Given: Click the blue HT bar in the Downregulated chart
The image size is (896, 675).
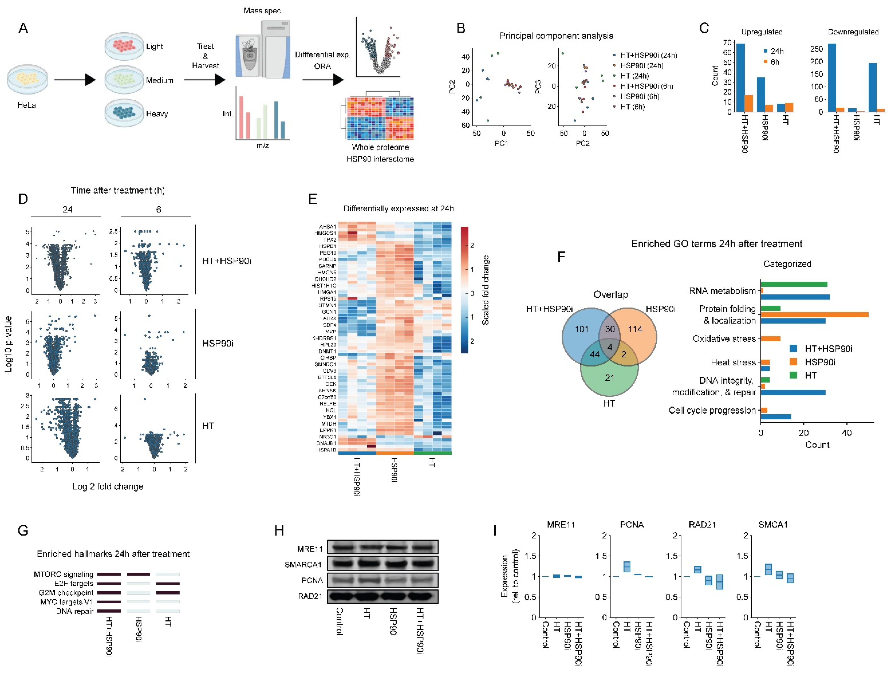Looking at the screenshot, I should click(872, 87).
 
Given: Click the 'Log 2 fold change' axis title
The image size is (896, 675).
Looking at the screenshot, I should click(108, 486).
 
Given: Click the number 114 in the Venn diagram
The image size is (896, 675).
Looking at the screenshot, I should click(635, 329).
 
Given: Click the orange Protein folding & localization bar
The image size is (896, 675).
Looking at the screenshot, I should click(814, 315).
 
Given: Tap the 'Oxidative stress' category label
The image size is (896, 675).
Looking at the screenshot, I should click(724, 339).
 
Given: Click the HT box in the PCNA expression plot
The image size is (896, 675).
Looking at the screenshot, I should click(627, 566).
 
